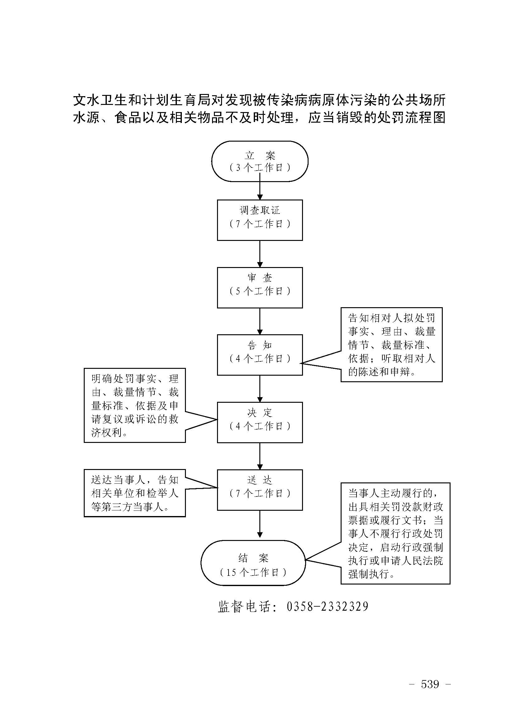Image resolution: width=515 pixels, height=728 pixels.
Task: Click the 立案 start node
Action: click(x=260, y=161)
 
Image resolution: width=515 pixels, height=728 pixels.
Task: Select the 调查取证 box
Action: click(x=260, y=220)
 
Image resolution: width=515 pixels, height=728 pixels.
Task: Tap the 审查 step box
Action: click(x=260, y=287)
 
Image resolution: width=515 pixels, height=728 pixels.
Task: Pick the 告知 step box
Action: click(x=260, y=355)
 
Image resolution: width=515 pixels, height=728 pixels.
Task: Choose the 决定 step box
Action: click(x=260, y=422)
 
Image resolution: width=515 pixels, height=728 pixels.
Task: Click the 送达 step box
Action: click(x=260, y=490)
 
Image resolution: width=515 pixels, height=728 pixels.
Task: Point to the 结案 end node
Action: click(x=253, y=563)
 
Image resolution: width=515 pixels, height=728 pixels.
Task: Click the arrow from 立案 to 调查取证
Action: click(x=260, y=190)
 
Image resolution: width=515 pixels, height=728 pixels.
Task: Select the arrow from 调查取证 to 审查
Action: click(x=260, y=254)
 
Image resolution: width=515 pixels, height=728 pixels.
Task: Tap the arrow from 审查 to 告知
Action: click(x=260, y=321)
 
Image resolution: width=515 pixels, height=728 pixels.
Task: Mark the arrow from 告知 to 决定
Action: click(x=260, y=389)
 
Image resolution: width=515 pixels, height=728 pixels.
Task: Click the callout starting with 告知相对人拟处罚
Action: click(x=391, y=345)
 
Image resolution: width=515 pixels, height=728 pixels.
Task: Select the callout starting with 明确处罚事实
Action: click(x=135, y=405)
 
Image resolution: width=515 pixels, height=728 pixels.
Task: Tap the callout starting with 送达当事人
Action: click(x=135, y=493)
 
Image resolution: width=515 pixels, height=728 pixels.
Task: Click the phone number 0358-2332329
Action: click(x=327, y=607)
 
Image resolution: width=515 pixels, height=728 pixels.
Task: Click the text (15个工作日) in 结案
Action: click(x=253, y=572)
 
